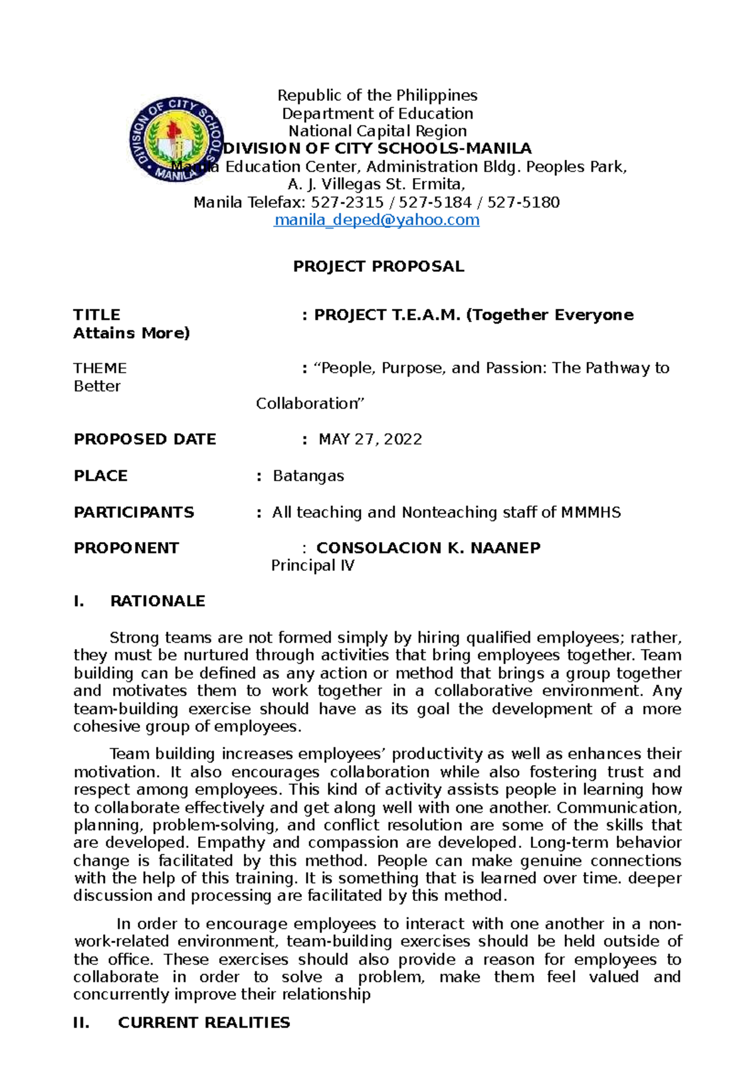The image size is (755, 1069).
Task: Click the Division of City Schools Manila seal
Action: [x=177, y=140]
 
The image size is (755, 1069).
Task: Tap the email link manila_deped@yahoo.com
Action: [x=377, y=220]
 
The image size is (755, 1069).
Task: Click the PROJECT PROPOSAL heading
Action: [x=378, y=266]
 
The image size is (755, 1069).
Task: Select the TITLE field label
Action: [x=97, y=315]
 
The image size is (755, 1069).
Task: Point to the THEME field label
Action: [x=100, y=368]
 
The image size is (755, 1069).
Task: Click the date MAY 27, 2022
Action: [x=370, y=439]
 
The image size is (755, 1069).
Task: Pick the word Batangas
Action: [x=308, y=476]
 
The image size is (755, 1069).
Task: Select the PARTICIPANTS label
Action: [x=134, y=512]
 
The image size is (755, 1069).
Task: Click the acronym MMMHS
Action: [x=590, y=512]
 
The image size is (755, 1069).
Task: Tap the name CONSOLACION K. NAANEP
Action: [x=428, y=548]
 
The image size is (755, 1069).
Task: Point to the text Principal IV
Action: [x=313, y=566]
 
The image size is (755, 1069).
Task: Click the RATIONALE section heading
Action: [x=157, y=601]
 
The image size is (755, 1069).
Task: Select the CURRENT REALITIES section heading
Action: [x=204, y=1022]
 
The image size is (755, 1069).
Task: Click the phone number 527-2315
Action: [x=347, y=203]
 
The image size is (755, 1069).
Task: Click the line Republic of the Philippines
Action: [x=377, y=96]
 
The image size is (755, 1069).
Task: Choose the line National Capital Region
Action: [x=377, y=131]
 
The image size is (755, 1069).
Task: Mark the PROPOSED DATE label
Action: [x=145, y=439]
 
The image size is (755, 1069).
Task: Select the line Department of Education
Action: [x=377, y=113]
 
